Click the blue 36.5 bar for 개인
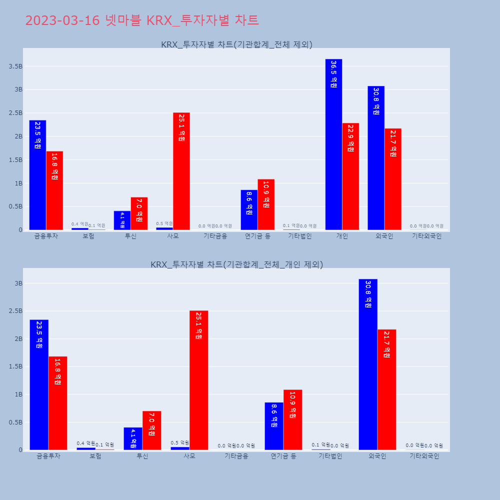[333, 144]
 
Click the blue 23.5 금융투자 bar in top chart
[37, 175]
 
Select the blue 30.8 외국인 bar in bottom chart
[368, 364]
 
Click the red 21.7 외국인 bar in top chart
[393, 179]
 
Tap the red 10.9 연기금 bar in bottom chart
[292, 419]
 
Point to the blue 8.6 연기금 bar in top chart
[249, 210]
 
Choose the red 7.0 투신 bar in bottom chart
[151, 430]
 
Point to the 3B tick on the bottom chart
[18, 283]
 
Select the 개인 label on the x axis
[342, 236]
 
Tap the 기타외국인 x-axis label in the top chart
[426, 236]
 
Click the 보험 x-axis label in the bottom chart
[95, 456]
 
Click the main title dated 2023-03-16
[142, 20]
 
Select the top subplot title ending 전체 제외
[236, 44]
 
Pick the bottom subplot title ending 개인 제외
[236, 264]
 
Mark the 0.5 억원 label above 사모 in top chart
[164, 223]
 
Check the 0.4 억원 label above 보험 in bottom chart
[85, 443]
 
